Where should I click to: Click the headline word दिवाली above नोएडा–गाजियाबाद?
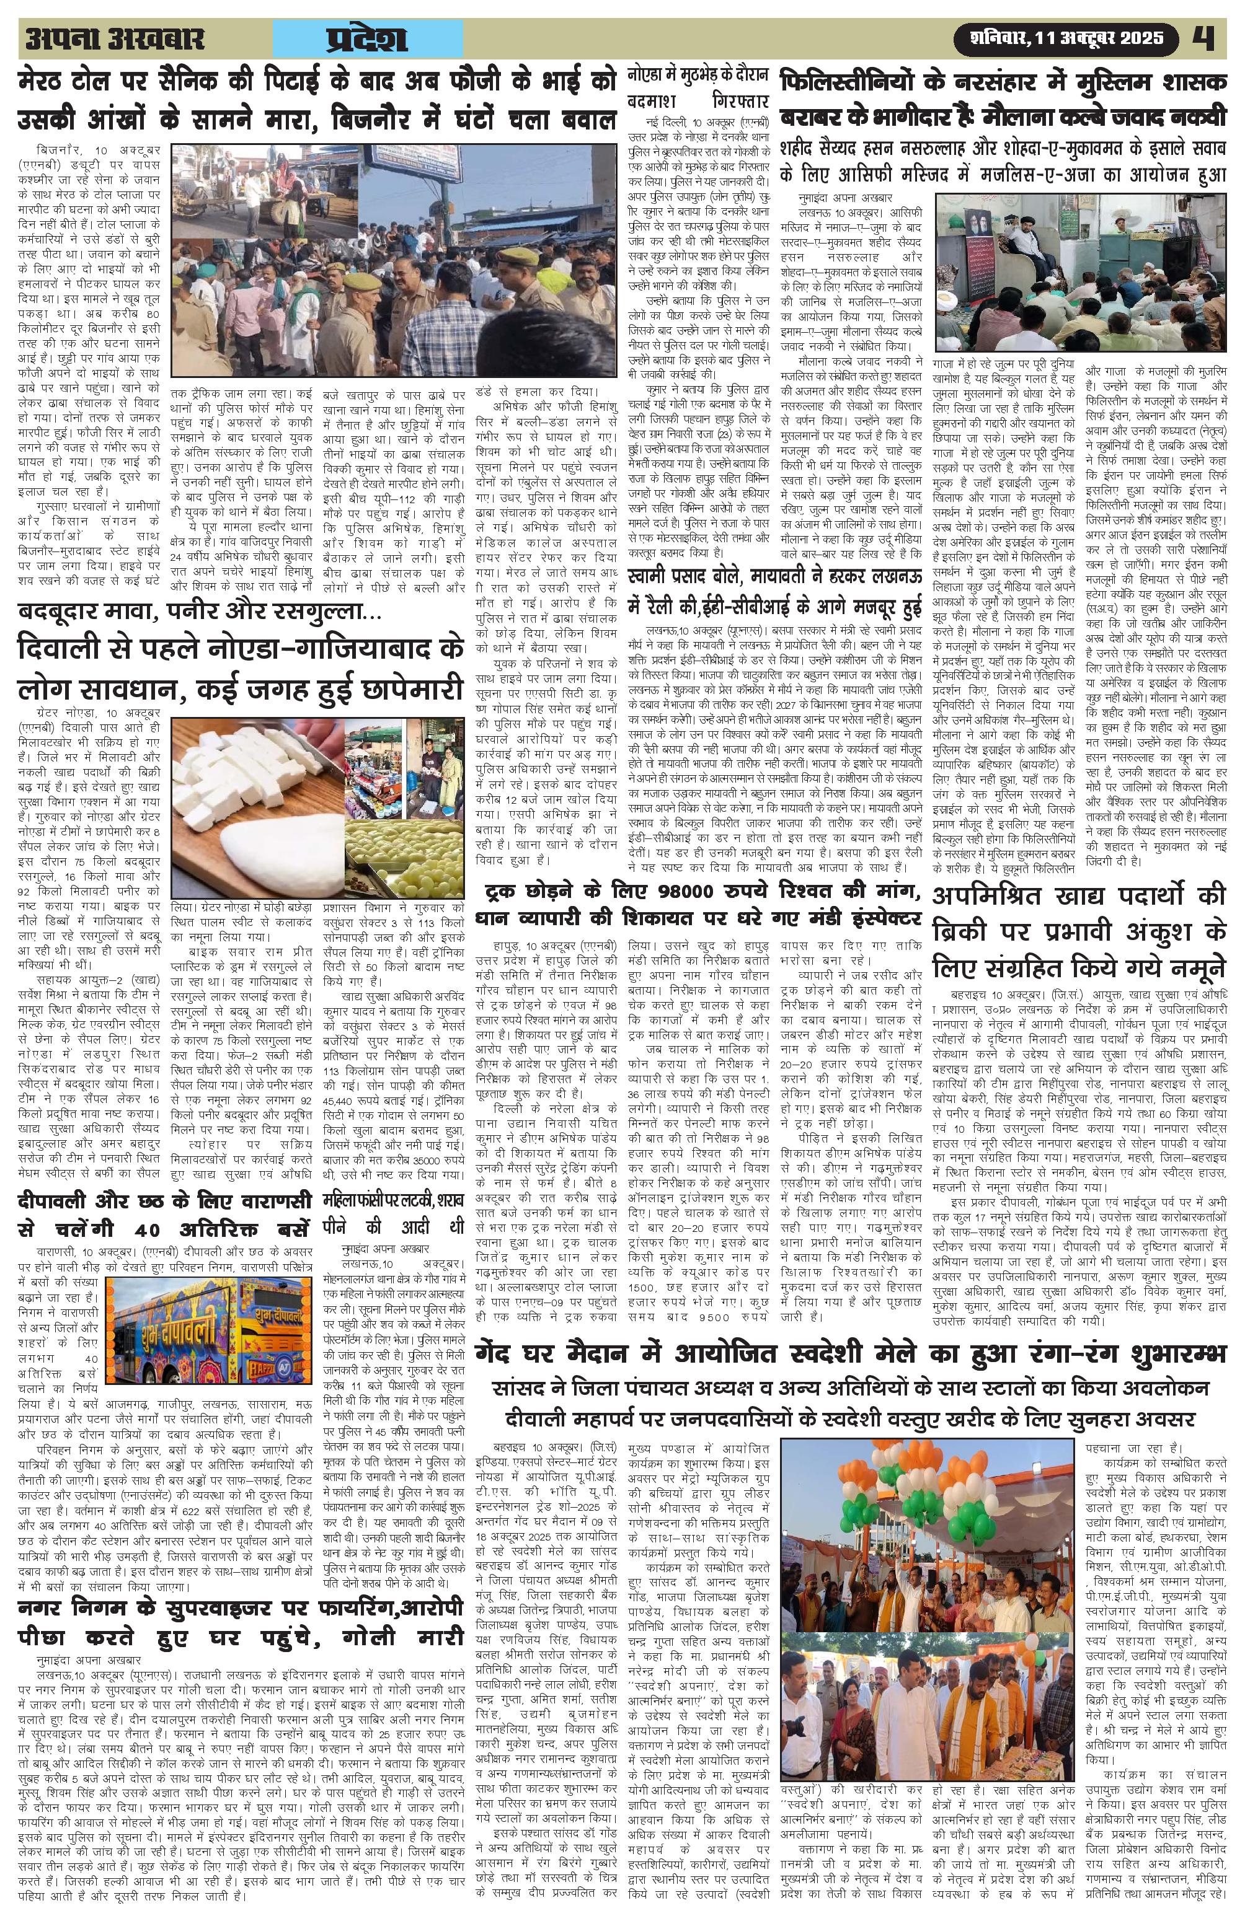point(71,648)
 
